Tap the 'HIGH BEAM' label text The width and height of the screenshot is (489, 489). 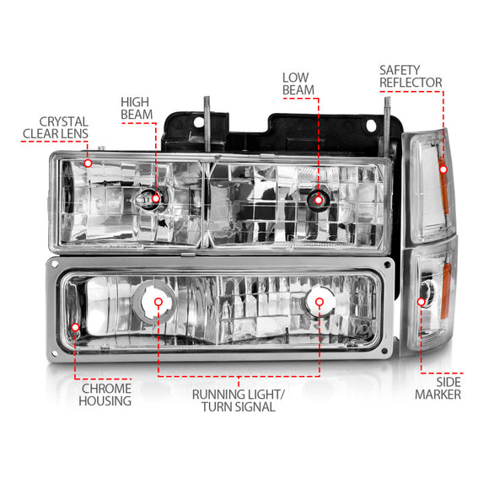137,107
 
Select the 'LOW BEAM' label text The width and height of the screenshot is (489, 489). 298,83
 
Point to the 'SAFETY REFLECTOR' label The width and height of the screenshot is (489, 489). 410,76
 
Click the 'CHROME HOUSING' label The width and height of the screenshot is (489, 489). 106,395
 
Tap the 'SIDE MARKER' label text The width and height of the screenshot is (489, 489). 438,388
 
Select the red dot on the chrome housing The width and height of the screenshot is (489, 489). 75,327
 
